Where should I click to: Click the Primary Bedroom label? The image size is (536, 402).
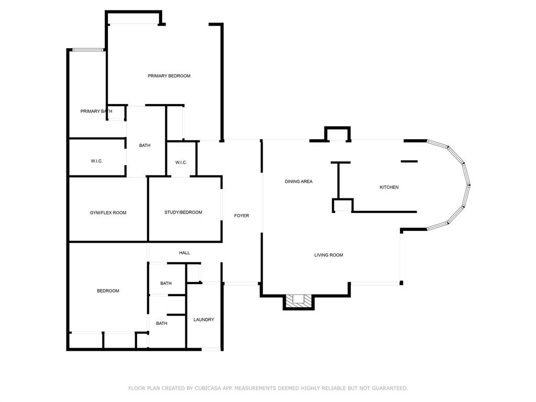tap(169, 76)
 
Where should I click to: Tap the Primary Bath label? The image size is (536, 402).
tap(96, 111)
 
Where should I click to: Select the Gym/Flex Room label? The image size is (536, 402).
tap(108, 213)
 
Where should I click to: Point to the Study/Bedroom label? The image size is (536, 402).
tap(183, 213)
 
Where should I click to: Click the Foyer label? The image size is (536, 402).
tap(242, 216)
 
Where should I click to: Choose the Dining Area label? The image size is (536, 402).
tap(299, 182)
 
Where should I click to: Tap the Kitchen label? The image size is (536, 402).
tap(389, 187)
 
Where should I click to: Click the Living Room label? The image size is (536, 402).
tap(329, 255)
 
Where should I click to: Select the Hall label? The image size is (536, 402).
tap(185, 253)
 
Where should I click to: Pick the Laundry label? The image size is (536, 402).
tap(204, 320)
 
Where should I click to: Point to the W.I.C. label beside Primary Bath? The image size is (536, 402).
tap(97, 161)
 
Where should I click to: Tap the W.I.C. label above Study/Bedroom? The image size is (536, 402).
tap(181, 162)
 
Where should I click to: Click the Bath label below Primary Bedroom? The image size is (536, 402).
tap(144, 146)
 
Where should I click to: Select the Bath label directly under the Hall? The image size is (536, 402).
tap(166, 283)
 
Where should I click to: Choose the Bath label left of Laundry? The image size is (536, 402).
tap(162, 323)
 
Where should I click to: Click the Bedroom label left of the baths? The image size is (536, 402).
tap(108, 291)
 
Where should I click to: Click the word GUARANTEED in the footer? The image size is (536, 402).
tap(389, 388)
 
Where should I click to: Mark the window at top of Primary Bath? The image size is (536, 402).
tap(88, 50)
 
